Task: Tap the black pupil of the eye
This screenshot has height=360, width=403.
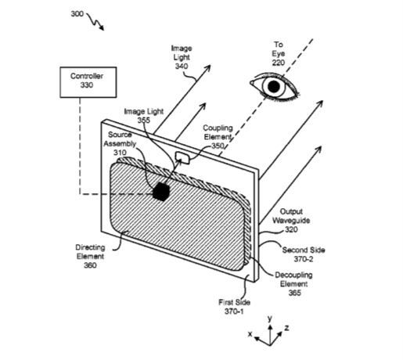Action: (274, 87)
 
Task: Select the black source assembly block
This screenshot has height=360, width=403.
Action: (161, 192)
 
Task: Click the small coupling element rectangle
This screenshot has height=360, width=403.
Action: (182, 158)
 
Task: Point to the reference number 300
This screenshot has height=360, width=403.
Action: (77, 13)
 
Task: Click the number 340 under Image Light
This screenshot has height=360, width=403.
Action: (182, 66)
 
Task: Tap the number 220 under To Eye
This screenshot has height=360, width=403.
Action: (279, 63)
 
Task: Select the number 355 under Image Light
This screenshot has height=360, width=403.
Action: (144, 121)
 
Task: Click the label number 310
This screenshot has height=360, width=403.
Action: (120, 153)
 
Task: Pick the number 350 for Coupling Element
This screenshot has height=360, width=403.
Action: (218, 146)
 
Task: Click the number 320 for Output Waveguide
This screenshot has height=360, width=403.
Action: (291, 229)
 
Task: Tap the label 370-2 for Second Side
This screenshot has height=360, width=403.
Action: (304, 259)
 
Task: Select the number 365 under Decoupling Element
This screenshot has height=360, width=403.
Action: (295, 293)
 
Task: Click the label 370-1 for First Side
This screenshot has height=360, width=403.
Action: (234, 311)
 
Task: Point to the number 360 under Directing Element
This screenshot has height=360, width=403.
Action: (90, 265)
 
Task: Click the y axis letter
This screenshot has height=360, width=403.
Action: (270, 319)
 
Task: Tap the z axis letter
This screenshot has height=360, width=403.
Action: (286, 328)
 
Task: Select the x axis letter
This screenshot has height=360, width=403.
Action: (250, 333)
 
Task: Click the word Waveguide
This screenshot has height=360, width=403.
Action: (291, 221)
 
